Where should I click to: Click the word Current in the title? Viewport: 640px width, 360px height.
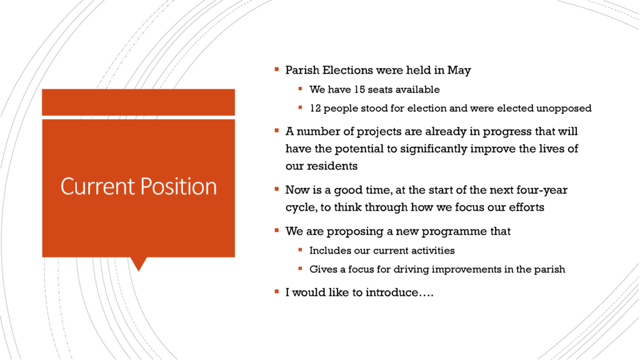(97, 186)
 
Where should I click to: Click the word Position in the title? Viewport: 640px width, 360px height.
(179, 186)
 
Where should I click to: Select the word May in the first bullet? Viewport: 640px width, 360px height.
(459, 71)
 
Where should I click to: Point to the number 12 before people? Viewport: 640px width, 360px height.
(316, 108)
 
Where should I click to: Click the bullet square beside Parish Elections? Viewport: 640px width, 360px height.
(277, 70)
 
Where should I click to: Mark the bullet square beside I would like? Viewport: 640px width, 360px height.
(277, 292)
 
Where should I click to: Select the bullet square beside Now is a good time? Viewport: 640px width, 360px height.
(277, 189)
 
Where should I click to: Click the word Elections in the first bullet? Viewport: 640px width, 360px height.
(347, 70)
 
